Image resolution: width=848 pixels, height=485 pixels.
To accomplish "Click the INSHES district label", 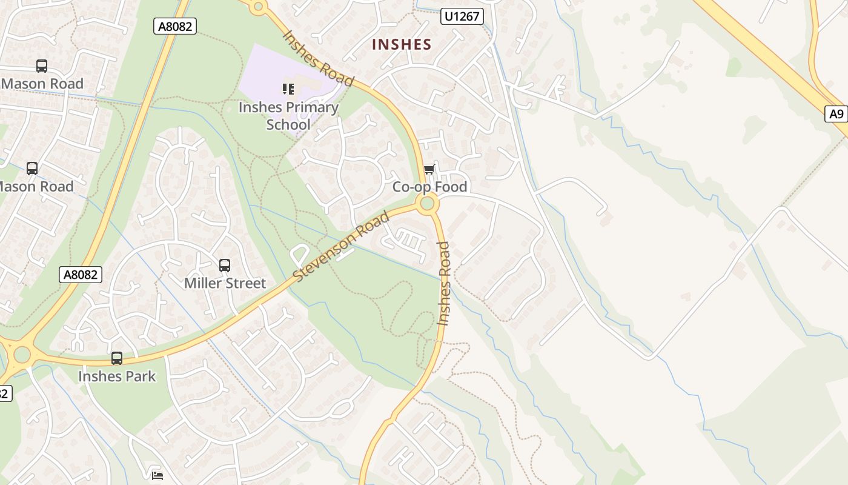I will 401,44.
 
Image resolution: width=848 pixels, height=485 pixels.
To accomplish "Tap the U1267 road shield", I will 462,16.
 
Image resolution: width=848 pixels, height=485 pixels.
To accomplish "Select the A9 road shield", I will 836,113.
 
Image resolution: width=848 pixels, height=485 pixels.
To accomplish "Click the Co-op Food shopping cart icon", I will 429,170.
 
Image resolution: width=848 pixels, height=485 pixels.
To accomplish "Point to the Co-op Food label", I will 429,187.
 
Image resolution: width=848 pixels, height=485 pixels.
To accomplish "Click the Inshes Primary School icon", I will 288,90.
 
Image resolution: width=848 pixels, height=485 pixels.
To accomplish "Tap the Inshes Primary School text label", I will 288,116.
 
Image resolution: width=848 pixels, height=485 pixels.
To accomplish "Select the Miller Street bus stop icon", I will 225,266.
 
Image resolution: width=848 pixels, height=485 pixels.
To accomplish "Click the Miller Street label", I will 225,283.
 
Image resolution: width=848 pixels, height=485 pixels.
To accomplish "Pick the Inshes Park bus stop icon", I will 117,358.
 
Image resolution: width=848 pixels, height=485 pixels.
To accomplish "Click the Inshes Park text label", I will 117,376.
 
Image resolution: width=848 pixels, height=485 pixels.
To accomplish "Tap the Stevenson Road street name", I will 340,246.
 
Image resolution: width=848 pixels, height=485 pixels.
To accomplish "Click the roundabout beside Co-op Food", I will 428,203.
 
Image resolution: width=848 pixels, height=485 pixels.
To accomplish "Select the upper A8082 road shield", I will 175,25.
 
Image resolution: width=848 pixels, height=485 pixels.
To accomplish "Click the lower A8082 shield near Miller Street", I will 81,275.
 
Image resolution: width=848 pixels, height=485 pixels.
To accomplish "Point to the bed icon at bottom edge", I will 157,475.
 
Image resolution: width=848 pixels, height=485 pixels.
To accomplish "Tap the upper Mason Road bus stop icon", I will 42,66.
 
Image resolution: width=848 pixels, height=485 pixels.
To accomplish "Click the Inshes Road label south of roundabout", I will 444,283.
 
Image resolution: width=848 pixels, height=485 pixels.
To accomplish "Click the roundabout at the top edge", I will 259,7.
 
